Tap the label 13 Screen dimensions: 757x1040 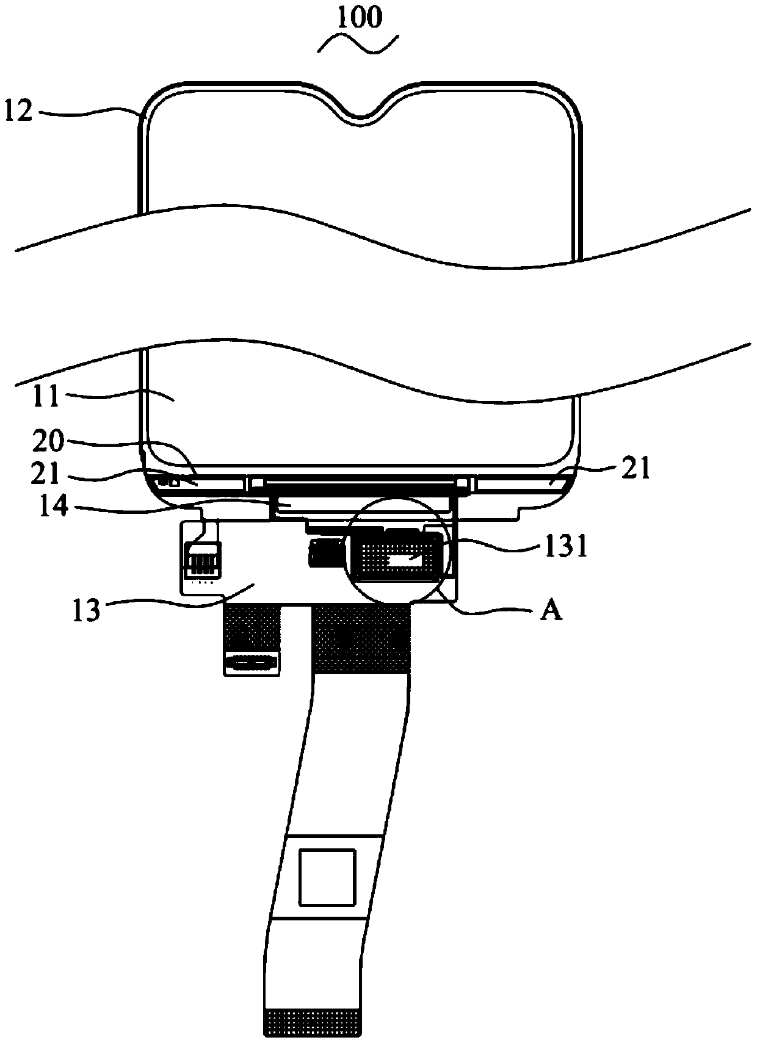tap(85, 610)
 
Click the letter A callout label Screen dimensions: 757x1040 tap(551, 610)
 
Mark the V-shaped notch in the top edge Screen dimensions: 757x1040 tap(361, 113)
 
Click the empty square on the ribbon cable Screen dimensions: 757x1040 tap(327, 876)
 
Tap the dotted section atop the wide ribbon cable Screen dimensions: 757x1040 tap(361, 637)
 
